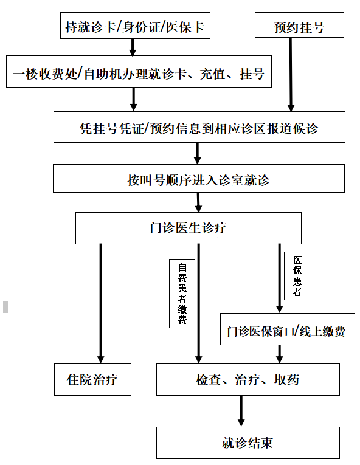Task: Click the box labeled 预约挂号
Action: click(x=299, y=25)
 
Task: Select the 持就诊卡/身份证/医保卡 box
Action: click(x=135, y=26)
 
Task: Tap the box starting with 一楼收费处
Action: click(x=139, y=72)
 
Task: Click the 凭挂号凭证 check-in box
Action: click(x=199, y=127)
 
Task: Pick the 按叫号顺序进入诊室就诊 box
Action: click(x=199, y=179)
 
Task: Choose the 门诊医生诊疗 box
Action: click(x=189, y=228)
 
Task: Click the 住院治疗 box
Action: click(x=92, y=379)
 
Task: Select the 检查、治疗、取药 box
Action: click(x=248, y=379)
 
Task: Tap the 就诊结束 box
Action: click(x=248, y=443)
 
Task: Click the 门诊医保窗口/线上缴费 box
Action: click(x=287, y=329)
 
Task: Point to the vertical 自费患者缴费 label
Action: click(x=182, y=294)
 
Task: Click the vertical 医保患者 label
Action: click(x=297, y=276)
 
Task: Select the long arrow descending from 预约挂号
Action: click(x=291, y=74)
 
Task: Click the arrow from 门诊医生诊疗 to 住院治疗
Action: click(x=101, y=304)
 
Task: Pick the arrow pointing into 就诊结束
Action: click(x=241, y=411)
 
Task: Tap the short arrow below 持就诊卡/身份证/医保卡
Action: click(x=133, y=47)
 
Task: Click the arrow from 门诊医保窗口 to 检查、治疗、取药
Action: click(x=279, y=354)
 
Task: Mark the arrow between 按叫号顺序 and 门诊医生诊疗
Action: click(x=199, y=202)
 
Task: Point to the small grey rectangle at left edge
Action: click(x=5, y=306)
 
